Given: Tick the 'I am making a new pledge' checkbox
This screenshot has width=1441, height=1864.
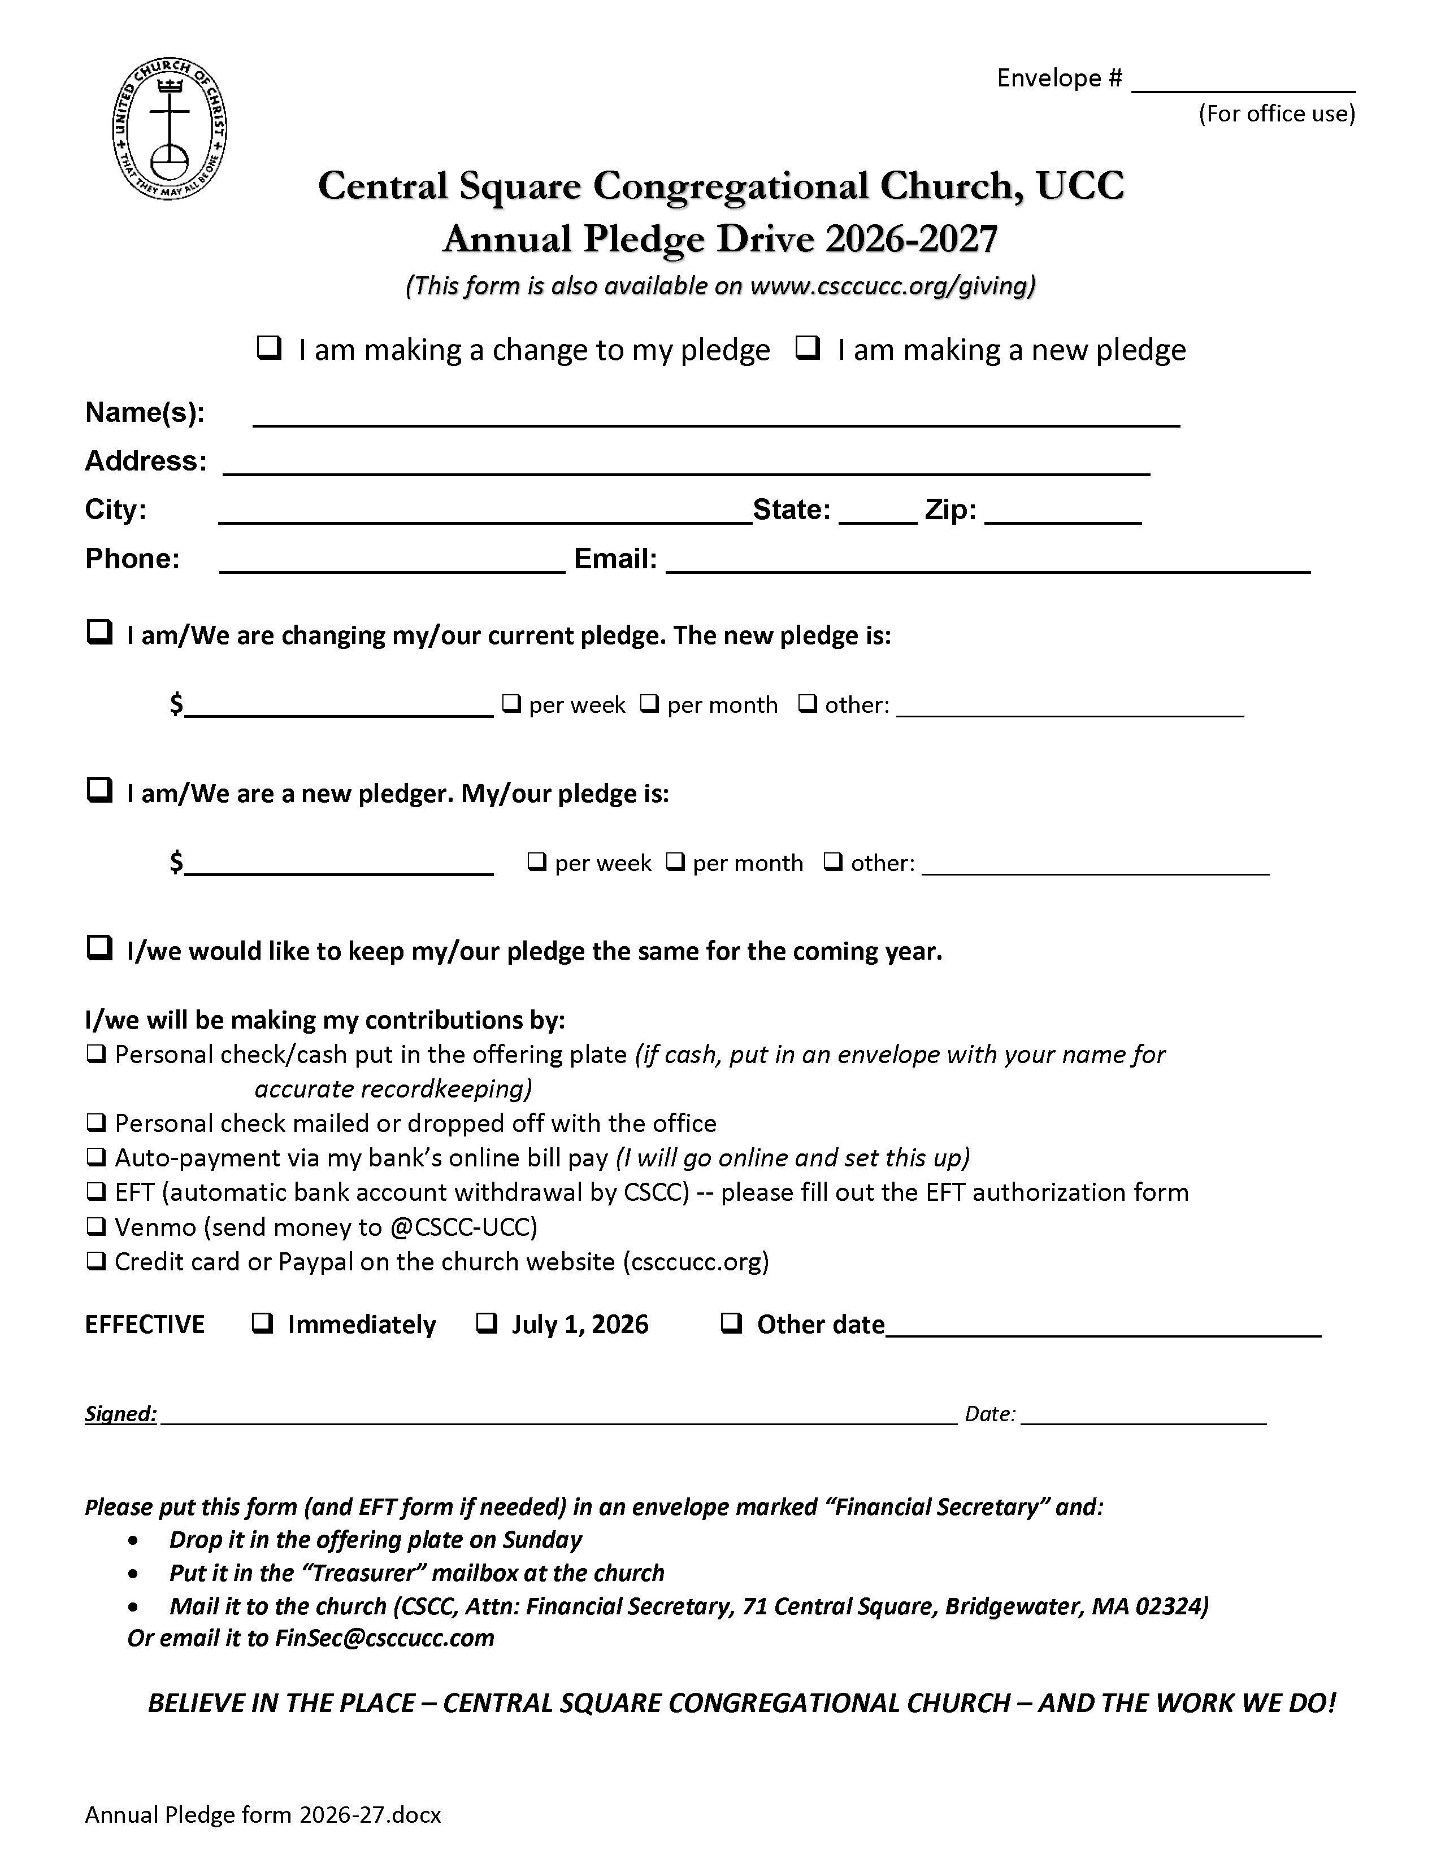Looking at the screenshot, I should coord(808,348).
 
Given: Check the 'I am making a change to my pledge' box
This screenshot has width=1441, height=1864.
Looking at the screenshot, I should coord(269,348).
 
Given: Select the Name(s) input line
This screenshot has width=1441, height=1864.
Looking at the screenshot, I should coord(715,417).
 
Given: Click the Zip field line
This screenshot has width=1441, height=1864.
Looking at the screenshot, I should coord(1063,516).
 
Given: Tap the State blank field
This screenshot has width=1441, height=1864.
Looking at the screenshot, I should coord(878,516).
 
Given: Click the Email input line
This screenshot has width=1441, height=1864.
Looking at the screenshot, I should coord(988,565).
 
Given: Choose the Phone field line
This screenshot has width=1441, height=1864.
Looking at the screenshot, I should coord(392,565).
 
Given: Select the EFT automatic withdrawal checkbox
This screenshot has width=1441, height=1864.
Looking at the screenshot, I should coord(97,1192).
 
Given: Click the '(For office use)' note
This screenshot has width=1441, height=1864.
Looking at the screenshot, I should coord(1276,114).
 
